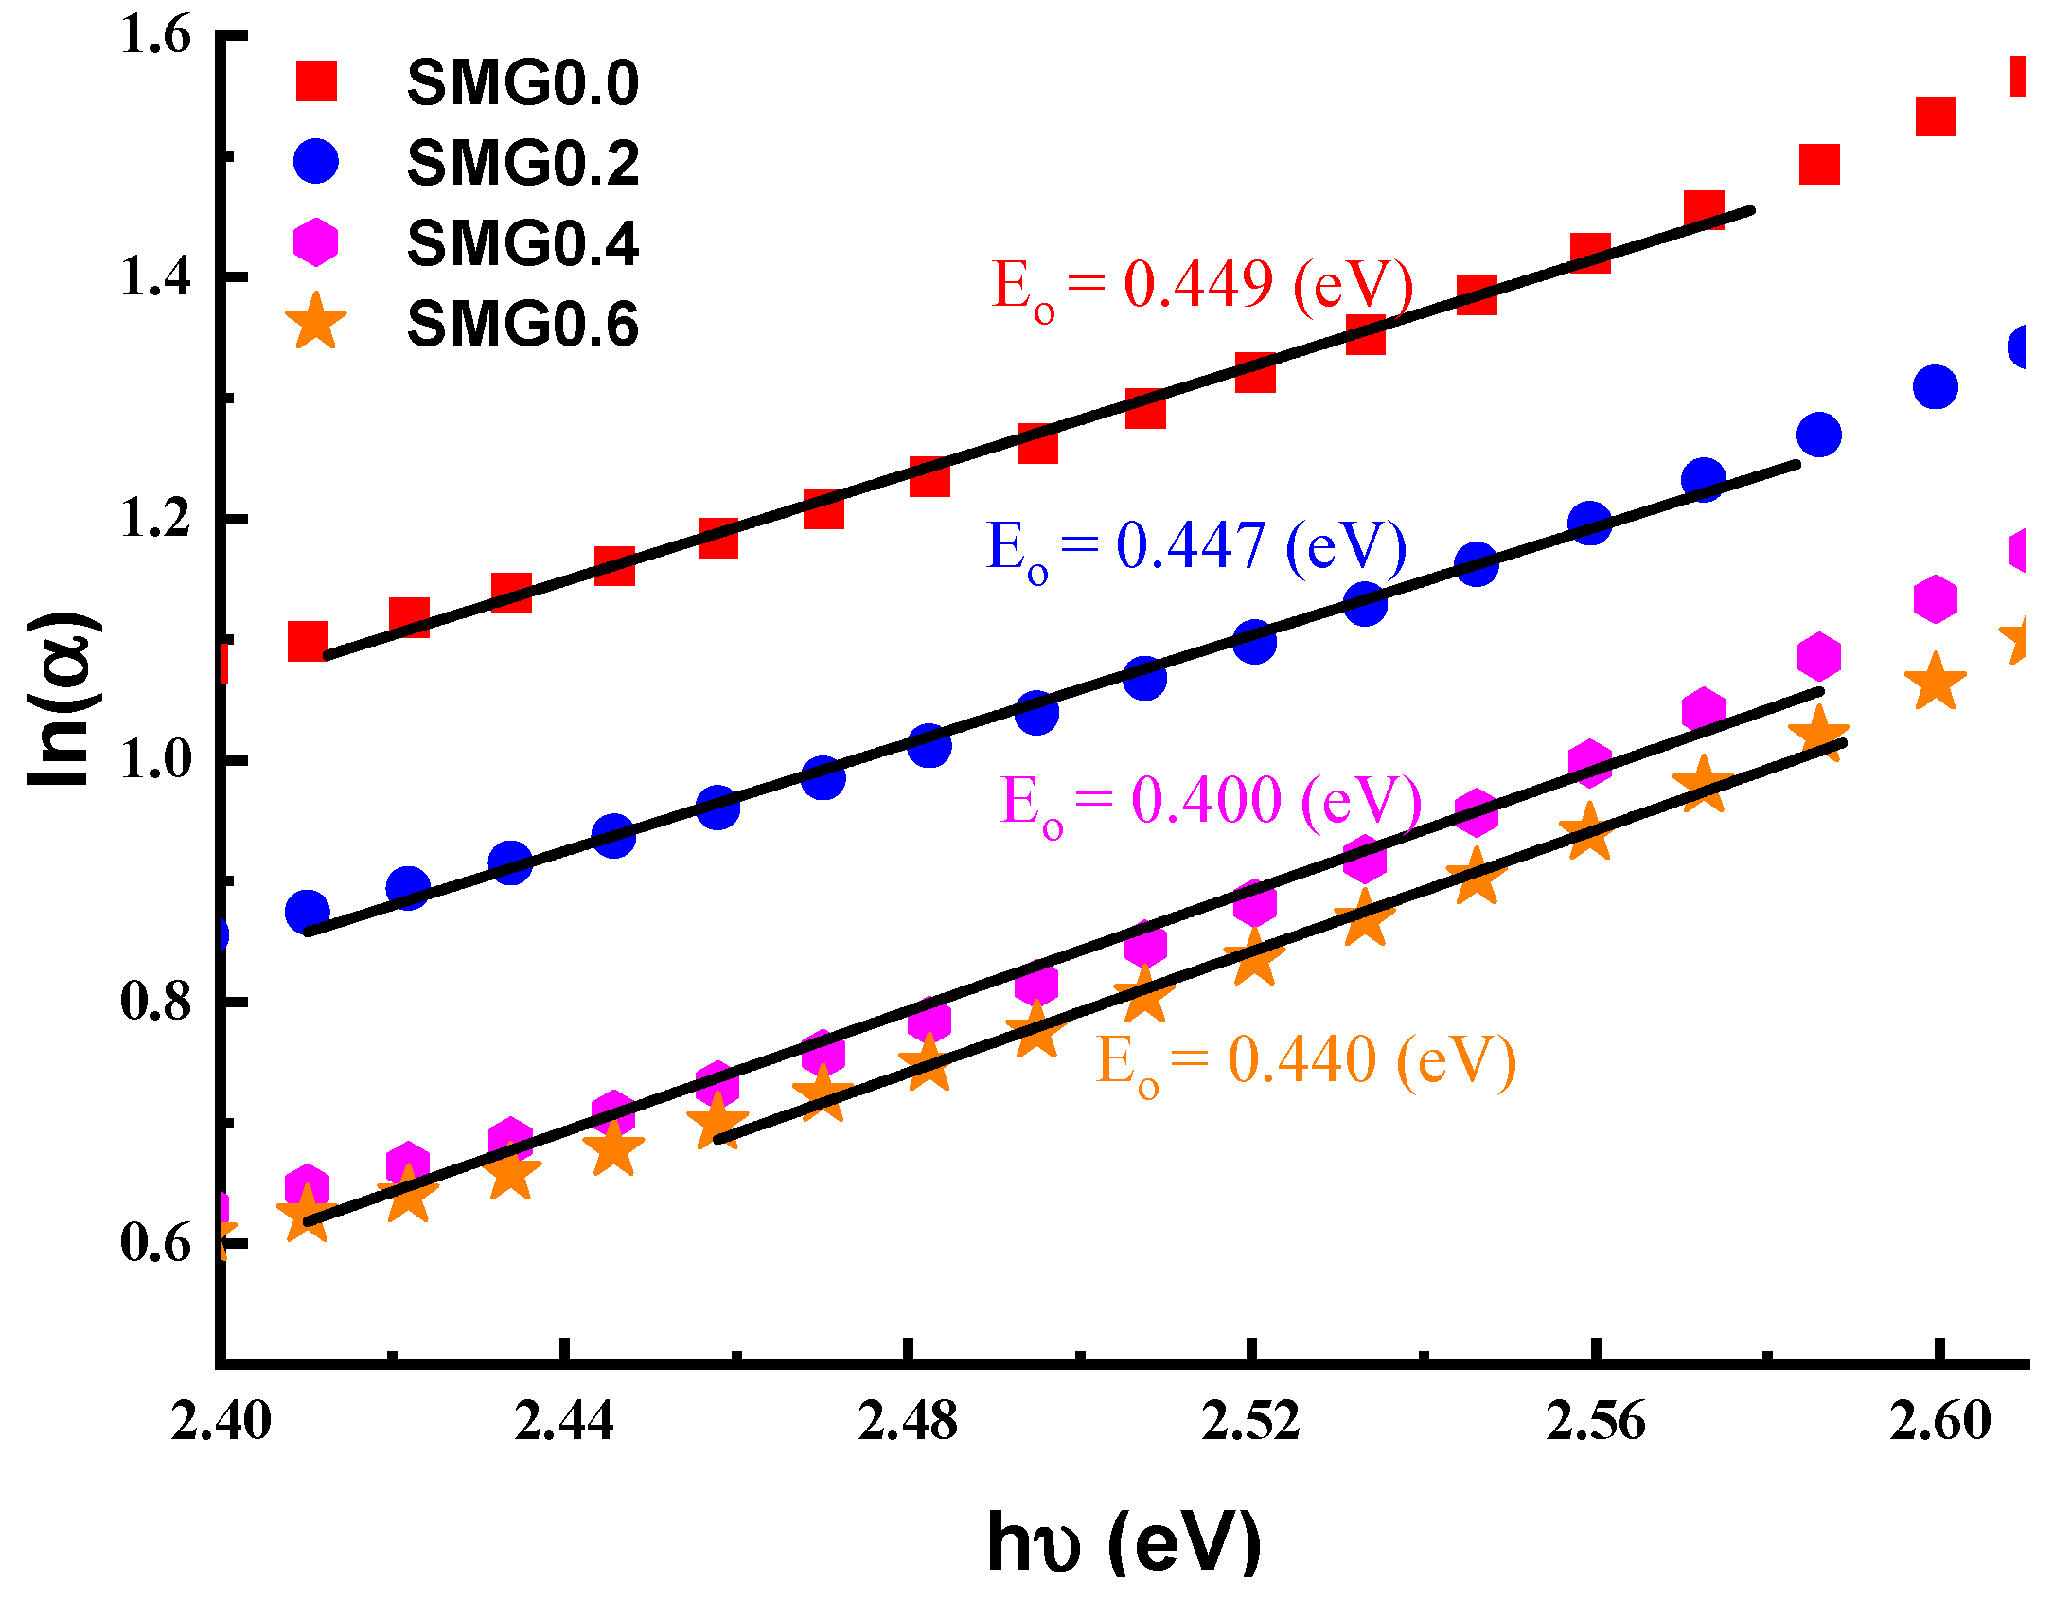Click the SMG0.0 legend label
(x=522, y=83)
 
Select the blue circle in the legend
(x=315, y=162)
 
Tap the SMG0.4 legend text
(x=522, y=244)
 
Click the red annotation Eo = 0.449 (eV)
(x=1202, y=285)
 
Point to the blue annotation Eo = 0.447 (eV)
(x=1195, y=547)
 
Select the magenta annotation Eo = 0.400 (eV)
(x=1211, y=802)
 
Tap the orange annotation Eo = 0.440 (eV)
(x=1305, y=1060)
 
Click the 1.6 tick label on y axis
(x=155, y=34)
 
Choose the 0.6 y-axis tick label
(x=155, y=1242)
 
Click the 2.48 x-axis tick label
(x=908, y=1422)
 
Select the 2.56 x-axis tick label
(x=1596, y=1422)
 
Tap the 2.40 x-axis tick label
(x=221, y=1422)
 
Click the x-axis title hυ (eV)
(x=1124, y=1541)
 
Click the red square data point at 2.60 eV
(x=1936, y=116)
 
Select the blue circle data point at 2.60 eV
(x=1936, y=387)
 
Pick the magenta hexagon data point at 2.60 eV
(x=1936, y=598)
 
